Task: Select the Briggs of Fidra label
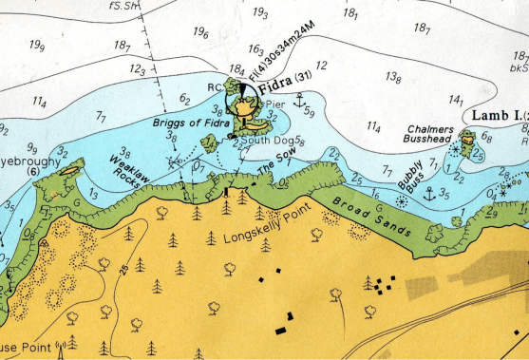185,122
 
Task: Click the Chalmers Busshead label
427,134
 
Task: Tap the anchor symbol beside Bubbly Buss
428,194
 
